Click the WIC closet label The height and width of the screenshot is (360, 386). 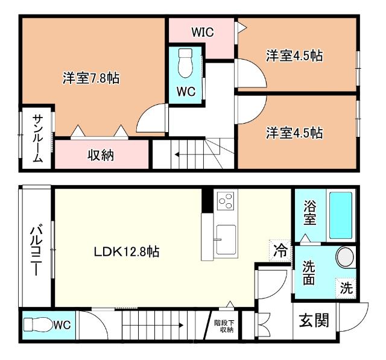click(203, 32)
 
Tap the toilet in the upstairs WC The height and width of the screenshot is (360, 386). click(185, 63)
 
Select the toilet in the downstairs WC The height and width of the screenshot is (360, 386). click(37, 325)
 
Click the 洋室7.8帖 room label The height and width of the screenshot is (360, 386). click(91, 78)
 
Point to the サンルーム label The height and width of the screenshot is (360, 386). click(37, 139)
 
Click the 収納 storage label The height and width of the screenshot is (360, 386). click(101, 155)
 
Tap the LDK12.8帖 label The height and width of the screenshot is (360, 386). click(127, 251)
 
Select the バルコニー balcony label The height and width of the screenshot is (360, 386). click(36, 249)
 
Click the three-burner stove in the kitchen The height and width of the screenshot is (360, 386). click(226, 201)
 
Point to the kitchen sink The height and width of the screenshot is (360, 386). click(226, 240)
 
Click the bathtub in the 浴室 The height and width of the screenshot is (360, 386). click(341, 215)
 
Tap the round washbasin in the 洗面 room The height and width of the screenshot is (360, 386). click(346, 256)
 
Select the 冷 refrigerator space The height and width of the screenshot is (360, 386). click(280, 250)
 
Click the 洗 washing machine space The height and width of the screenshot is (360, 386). click(346, 288)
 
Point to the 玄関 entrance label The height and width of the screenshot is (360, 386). click(314, 320)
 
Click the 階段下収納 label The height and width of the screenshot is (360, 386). click(224, 326)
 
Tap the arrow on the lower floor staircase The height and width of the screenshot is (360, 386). click(153, 325)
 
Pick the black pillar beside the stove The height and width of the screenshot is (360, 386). click(207, 200)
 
